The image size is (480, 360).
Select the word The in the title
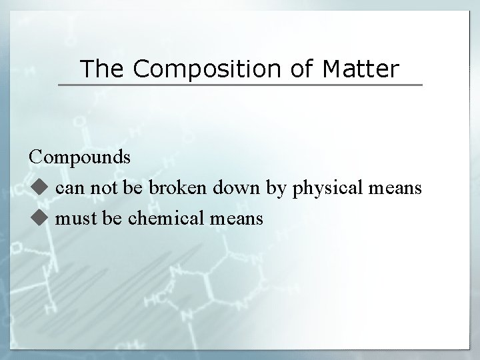[100, 68]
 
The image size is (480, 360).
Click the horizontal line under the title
[240, 85]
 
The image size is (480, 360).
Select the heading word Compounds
[79, 158]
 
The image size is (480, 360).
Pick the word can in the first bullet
[69, 189]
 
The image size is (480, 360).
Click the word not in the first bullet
[100, 189]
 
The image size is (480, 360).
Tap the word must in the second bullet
[73, 218]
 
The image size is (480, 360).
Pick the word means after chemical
[235, 218]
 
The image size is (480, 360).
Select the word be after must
[109, 218]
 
